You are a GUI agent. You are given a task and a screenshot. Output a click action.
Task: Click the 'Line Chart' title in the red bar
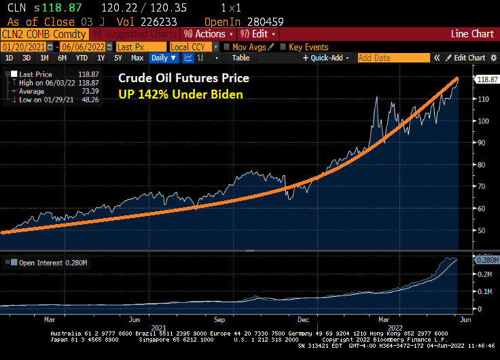pos(472,34)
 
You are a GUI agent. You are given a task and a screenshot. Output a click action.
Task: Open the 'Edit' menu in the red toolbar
pos(259,34)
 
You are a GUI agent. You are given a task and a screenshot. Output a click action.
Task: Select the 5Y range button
pos(117,58)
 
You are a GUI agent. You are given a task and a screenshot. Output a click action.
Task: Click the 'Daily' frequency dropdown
pos(164,58)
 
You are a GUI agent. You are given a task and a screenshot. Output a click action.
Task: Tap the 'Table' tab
pos(241,58)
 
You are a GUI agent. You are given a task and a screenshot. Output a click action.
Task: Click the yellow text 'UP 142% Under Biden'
pos(181,94)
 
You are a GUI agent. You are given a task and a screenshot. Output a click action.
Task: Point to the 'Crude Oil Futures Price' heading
pos(183,78)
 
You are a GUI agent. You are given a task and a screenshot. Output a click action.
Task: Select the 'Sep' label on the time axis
pos(219,318)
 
